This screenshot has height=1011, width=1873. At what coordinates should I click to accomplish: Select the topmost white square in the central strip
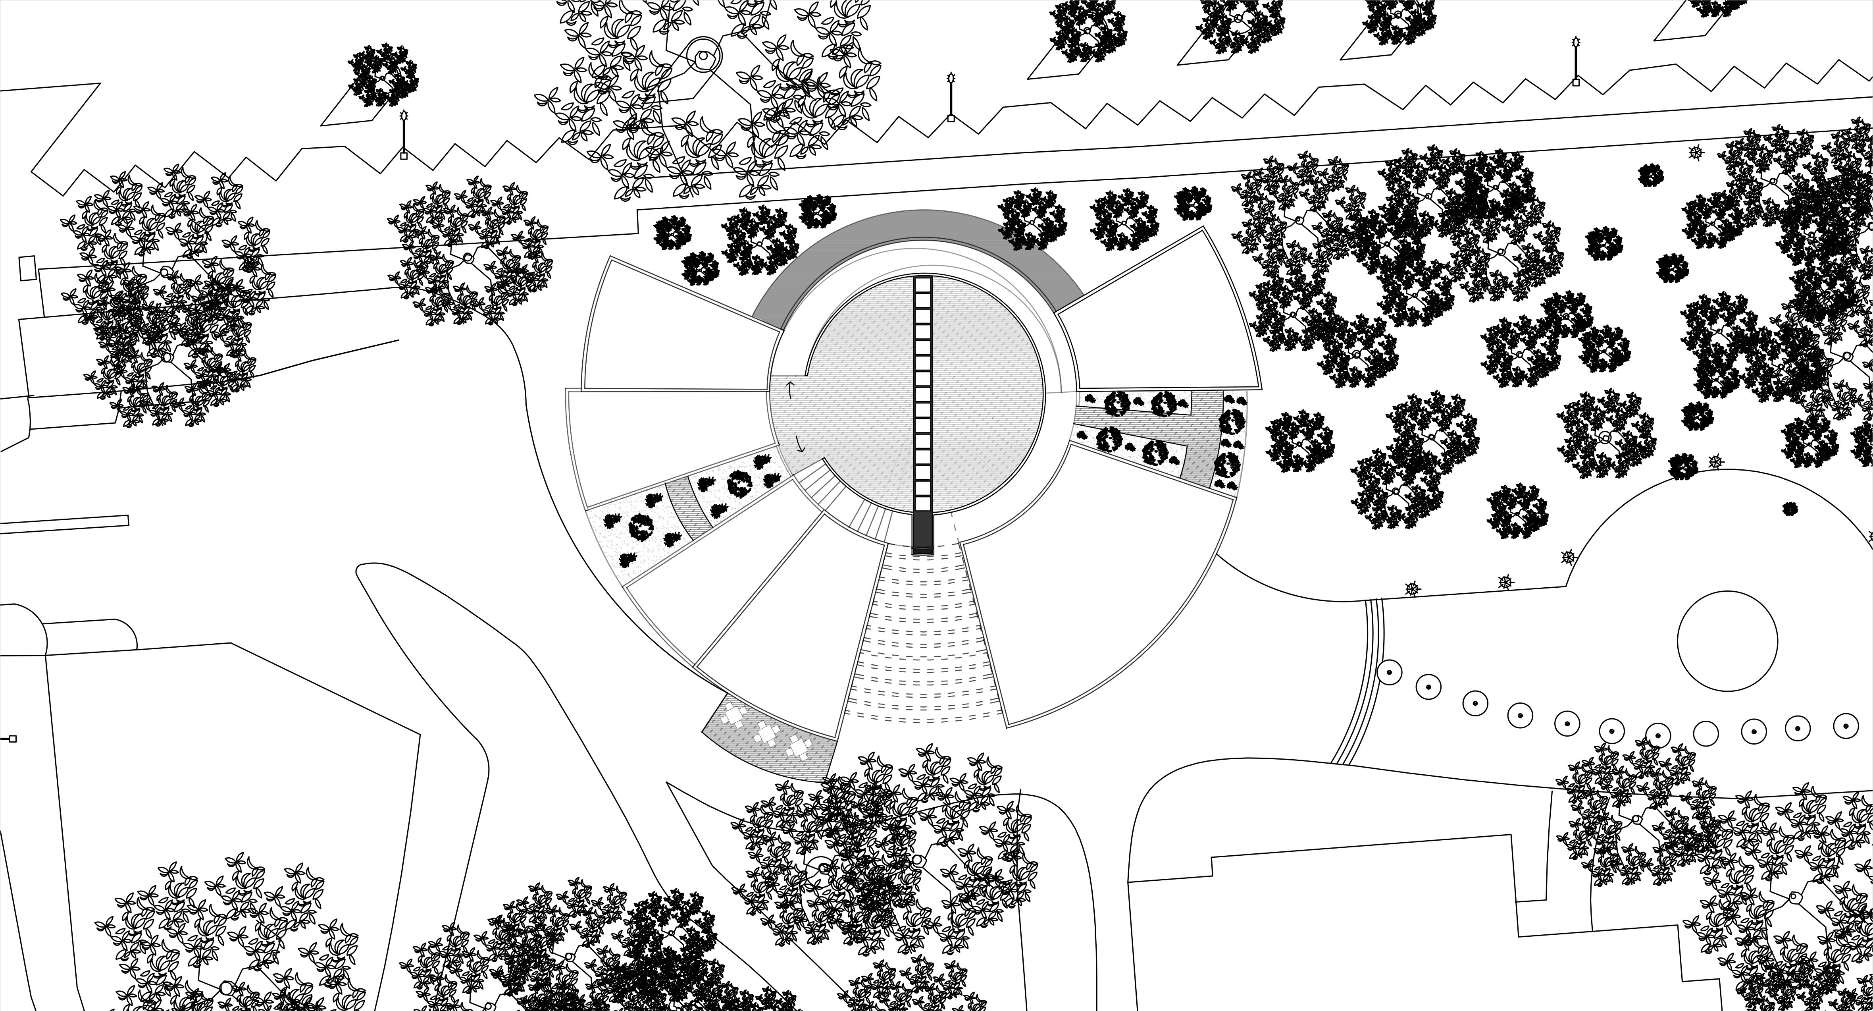922,284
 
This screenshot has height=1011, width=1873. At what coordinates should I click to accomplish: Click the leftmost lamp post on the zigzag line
404,135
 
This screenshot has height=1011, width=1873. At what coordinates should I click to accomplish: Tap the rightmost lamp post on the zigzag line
1576,62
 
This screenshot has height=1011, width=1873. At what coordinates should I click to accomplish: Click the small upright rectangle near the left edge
27,268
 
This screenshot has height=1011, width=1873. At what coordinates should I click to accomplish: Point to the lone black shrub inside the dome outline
1789,508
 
